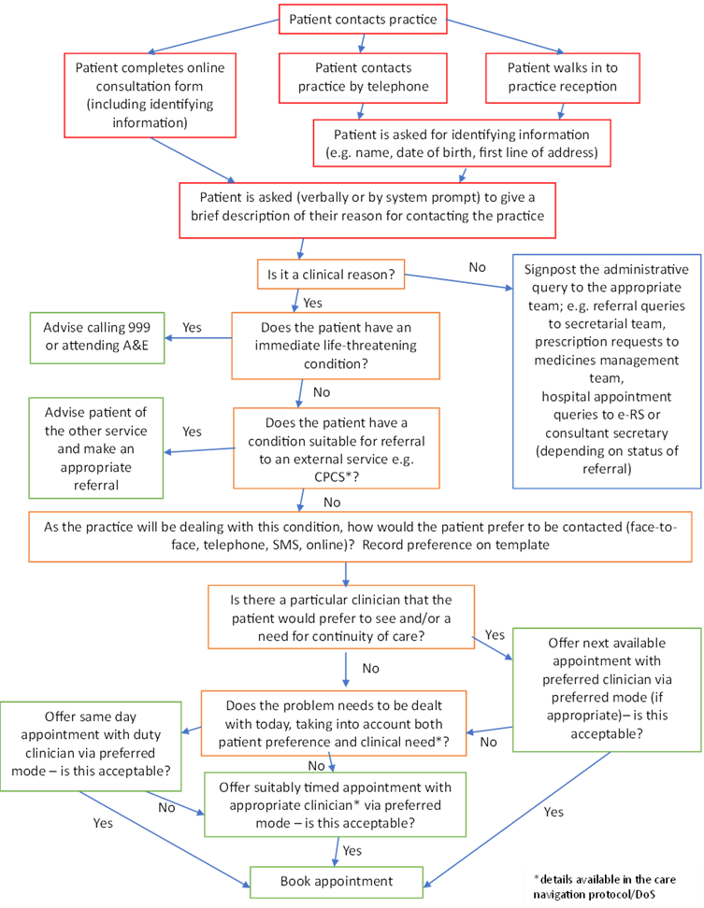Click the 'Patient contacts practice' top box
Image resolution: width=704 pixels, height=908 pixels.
[x=363, y=19]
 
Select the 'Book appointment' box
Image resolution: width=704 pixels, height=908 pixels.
[x=336, y=882]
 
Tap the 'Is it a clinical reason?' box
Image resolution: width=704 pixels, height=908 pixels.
[x=331, y=275]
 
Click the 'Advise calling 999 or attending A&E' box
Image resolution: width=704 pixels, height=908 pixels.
[x=97, y=337]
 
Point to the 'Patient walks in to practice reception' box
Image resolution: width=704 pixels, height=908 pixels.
[x=563, y=78]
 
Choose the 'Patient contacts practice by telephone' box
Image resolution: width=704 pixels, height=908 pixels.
[x=364, y=78]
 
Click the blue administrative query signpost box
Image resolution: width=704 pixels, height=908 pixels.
[x=607, y=371]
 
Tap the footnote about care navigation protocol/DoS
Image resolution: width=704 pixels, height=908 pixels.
[x=604, y=887]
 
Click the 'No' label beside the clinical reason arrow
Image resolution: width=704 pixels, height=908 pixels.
[x=478, y=267]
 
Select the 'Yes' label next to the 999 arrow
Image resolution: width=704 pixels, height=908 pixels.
[x=192, y=328]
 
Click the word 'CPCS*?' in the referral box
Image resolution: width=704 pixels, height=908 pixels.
[x=337, y=477]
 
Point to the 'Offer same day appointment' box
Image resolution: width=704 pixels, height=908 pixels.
[x=91, y=746]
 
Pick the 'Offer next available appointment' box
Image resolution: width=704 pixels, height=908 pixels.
[x=607, y=689]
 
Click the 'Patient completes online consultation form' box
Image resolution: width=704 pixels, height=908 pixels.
[x=151, y=95]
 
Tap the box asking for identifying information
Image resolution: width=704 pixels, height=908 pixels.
[x=462, y=143]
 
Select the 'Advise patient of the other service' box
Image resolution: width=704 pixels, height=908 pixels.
[x=96, y=448]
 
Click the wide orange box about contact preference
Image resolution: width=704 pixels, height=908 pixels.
[x=360, y=536]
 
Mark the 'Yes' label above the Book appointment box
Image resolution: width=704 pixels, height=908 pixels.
[x=352, y=851]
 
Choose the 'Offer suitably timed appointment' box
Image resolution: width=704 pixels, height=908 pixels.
[x=335, y=804]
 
